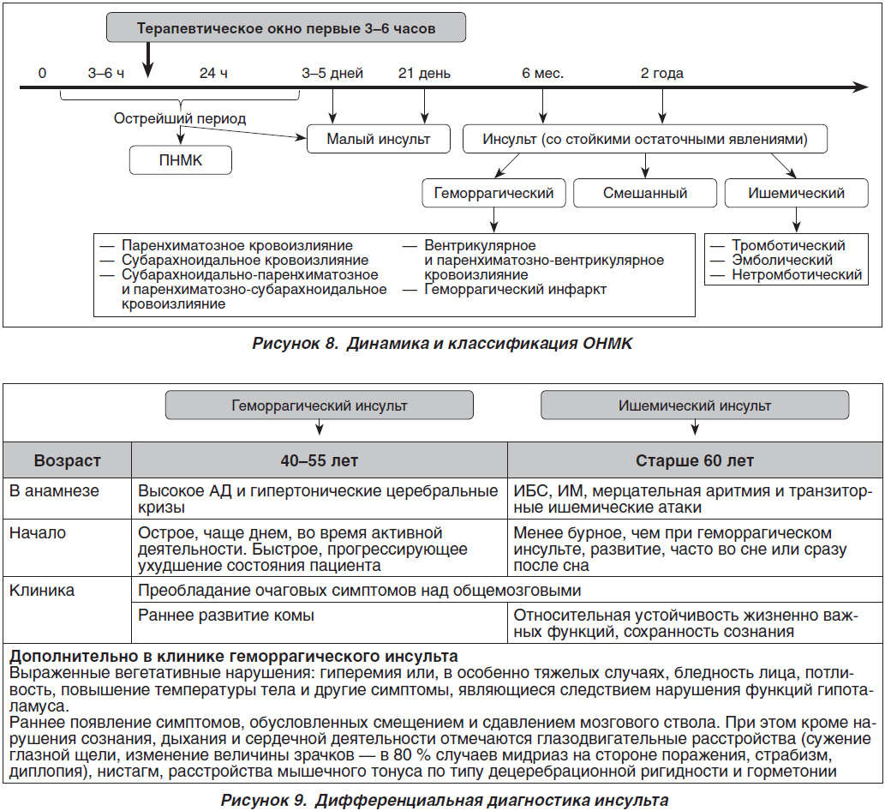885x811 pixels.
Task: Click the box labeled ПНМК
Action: coord(181,160)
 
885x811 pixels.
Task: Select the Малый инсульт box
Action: coord(378,139)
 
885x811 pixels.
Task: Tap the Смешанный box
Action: coord(645,193)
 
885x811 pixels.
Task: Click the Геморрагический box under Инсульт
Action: coord(493,193)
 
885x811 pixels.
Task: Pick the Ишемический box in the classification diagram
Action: coord(797,193)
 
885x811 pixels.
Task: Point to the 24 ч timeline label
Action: coord(213,74)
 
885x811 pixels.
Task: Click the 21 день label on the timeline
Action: coord(424,74)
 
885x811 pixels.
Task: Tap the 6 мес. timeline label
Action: coord(543,74)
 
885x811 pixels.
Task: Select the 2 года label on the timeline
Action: coord(662,74)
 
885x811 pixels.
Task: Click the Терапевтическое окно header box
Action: coord(286,27)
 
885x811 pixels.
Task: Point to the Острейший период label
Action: coord(180,118)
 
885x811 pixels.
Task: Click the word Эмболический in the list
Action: coord(782,261)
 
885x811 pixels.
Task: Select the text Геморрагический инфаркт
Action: coord(515,290)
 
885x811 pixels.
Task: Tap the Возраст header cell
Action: coord(67,460)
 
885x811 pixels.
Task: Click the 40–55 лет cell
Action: coord(320,460)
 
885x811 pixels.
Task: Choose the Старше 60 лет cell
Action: coord(695,460)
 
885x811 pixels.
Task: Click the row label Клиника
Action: coord(42,591)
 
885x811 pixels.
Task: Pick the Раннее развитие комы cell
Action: coord(226,615)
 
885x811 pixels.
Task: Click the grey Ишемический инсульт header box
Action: coord(695,405)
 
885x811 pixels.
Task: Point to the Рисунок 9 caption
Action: coord(445,800)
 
